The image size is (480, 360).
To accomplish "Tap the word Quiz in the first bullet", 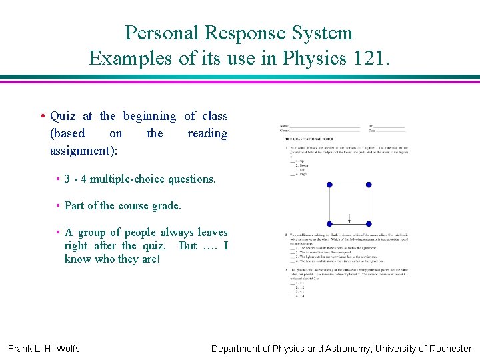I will [63, 116].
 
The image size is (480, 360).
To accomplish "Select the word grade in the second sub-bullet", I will [165, 205].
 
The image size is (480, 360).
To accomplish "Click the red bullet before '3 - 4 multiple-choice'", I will [58, 179].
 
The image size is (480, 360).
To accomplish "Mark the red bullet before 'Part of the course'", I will [58, 205].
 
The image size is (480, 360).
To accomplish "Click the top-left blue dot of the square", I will [329, 185].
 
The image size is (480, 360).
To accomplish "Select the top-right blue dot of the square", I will [369, 185].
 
